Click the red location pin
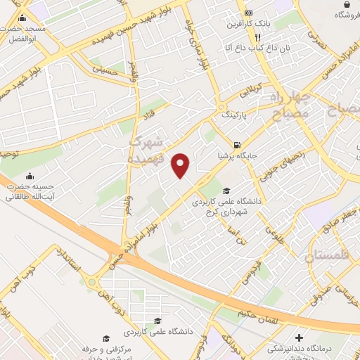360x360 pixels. click(x=181, y=165)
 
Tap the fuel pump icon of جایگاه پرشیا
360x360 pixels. click(x=225, y=137)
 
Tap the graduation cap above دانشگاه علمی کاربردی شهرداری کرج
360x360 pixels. click(x=226, y=191)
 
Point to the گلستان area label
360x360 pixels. click(x=330, y=257)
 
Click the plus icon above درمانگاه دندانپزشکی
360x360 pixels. click(x=300, y=338)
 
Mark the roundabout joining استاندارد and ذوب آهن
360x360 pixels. click(x=94, y=283)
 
